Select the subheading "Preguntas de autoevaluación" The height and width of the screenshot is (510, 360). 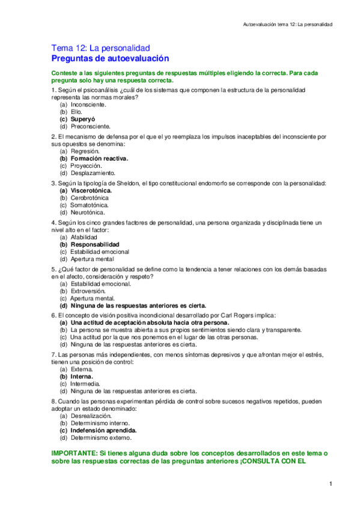tap(110, 58)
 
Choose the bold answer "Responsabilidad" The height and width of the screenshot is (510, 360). tap(95, 245)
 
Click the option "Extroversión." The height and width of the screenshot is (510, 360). tap(88, 291)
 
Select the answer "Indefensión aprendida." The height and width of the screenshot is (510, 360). tap(103, 431)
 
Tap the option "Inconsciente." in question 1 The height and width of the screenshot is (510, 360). tap(88, 105)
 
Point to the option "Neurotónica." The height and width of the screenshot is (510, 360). tap(88, 212)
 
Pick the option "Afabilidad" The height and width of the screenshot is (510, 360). tap(84, 238)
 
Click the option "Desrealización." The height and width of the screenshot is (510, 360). tap(91, 416)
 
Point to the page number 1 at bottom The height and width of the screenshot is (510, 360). tap(331, 484)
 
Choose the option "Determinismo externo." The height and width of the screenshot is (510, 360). tap(100, 438)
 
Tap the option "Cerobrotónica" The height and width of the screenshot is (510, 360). tap(90, 197)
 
